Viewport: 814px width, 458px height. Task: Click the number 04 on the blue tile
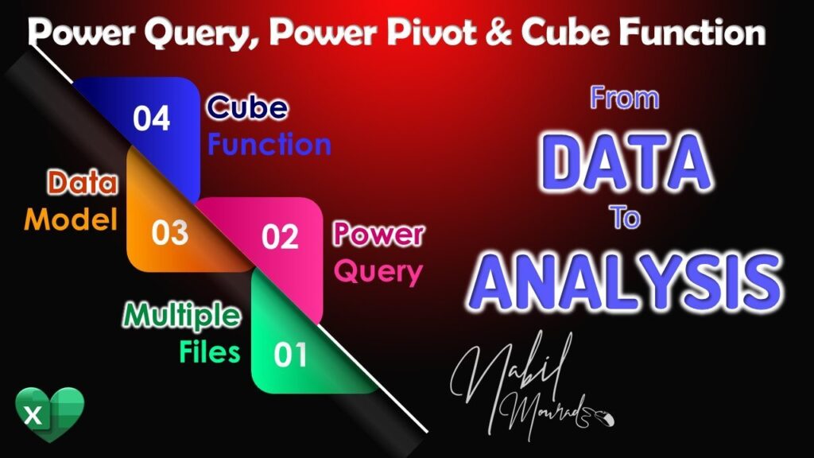coord(151,118)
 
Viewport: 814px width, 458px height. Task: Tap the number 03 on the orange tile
coord(170,233)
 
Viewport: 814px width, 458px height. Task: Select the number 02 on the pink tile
coord(280,237)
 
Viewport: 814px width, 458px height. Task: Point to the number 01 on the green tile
coord(290,355)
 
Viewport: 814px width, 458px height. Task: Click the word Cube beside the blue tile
coord(247,107)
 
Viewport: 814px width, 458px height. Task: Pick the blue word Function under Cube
coord(269,145)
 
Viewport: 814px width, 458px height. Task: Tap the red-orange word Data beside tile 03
coord(83,183)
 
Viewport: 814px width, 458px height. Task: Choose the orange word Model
coord(71,219)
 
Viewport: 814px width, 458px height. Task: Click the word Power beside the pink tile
coord(378,234)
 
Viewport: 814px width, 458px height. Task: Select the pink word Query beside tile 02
coord(378,272)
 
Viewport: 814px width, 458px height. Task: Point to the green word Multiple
coord(182,316)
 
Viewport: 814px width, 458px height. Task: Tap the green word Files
coord(210,351)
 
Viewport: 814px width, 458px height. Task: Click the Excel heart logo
coord(49,414)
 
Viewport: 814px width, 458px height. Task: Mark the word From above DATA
coord(625,98)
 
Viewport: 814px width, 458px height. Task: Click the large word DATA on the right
coord(626,162)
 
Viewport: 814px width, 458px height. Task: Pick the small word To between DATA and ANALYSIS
coord(625,217)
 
